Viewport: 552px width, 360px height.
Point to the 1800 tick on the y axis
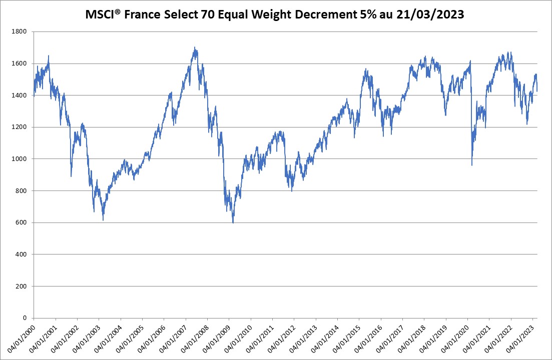pyautogui.click(x=20, y=31)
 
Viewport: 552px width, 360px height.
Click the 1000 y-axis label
pyautogui.click(x=20, y=159)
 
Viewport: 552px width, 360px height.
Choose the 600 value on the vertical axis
pyautogui.click(x=22, y=222)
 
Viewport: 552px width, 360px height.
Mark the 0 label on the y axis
pyautogui.click(x=26, y=318)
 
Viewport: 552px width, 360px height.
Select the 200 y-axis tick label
pyautogui.click(x=22, y=286)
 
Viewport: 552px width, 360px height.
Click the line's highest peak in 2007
pyautogui.click(x=195, y=47)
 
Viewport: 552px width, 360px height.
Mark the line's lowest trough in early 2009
pyautogui.click(x=233, y=222)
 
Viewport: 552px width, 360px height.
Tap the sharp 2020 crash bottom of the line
pyautogui.click(x=471, y=165)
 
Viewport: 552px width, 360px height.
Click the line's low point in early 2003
pyautogui.click(x=103, y=220)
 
